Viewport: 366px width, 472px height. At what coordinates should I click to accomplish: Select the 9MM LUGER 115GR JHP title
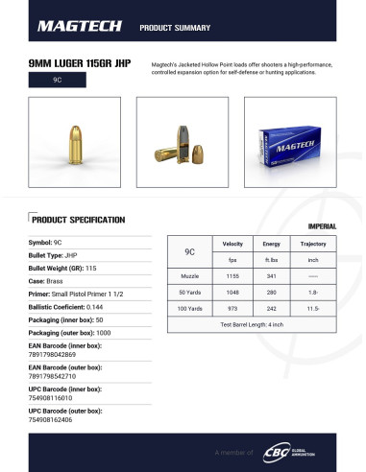coord(83,63)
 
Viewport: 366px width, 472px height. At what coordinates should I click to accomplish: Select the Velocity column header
coord(232,244)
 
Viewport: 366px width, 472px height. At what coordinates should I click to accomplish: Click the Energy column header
coord(272,244)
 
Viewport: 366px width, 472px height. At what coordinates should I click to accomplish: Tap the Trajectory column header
coord(313,244)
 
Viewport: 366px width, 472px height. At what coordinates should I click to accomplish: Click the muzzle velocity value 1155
coord(232,275)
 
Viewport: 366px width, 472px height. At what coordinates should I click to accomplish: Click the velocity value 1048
coord(232,291)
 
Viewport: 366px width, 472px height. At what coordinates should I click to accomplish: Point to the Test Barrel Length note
coord(252,324)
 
